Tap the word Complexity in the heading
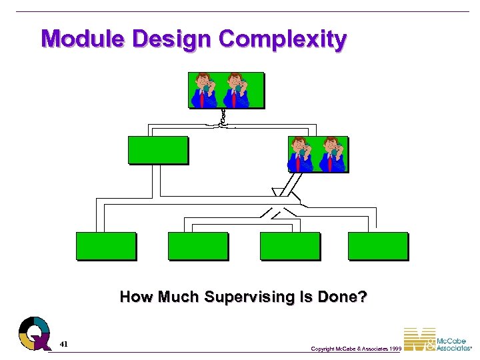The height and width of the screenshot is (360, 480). (283, 39)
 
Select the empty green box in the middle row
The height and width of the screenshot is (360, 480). (158, 150)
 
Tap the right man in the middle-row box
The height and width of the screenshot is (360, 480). (332, 154)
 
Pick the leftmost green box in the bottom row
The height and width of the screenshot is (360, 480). (105, 245)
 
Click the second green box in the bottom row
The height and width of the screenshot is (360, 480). (197, 245)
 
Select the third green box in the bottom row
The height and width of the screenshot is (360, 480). (289, 245)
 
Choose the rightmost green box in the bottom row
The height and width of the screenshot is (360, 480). (377, 245)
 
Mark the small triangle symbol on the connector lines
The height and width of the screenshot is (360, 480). (278, 193)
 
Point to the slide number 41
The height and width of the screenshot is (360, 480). (63, 344)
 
